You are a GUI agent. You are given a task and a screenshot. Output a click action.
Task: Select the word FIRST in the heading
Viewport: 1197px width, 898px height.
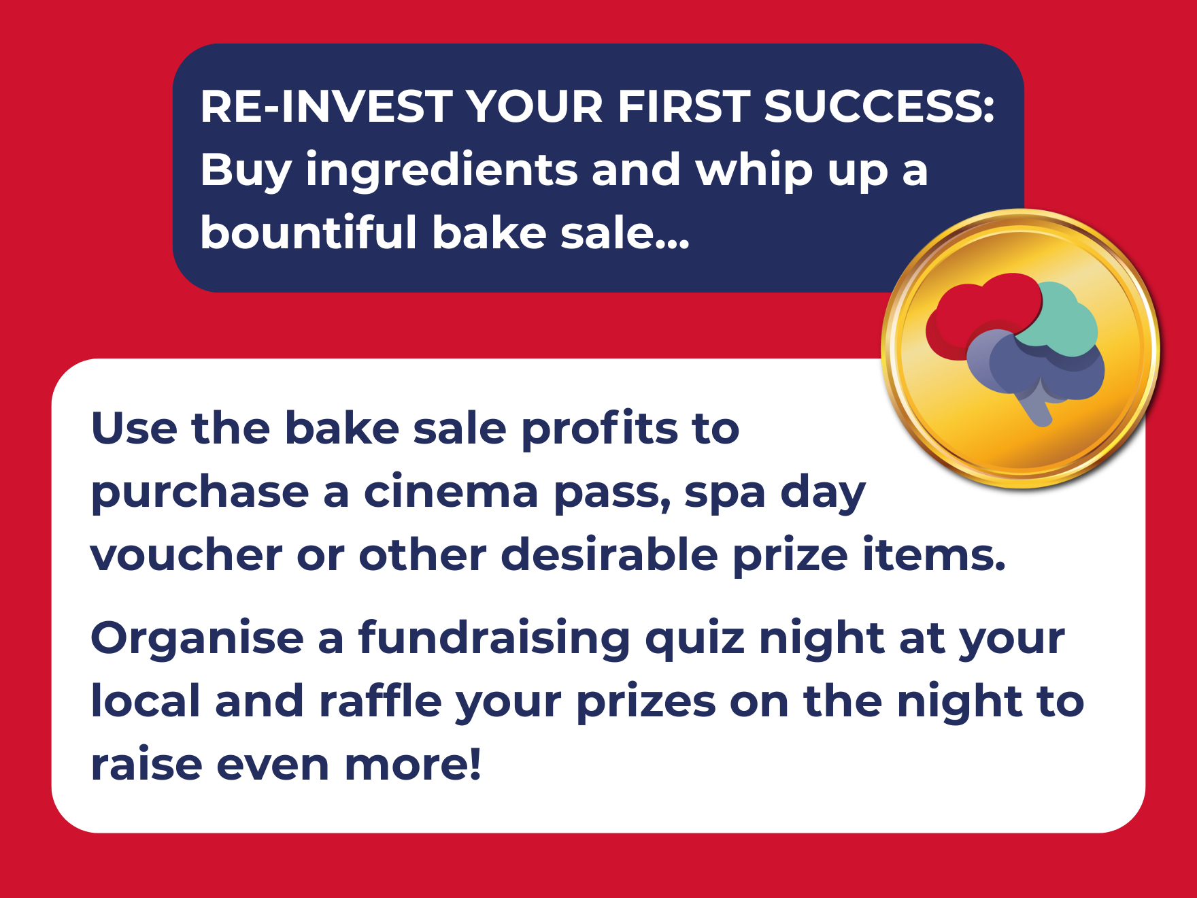click(x=683, y=107)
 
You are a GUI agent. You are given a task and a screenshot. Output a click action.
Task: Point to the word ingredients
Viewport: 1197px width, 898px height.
click(x=441, y=171)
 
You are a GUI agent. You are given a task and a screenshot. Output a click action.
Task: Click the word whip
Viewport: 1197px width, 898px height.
click(x=754, y=171)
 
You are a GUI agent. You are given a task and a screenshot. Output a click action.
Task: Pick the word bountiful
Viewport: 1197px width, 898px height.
click(x=308, y=232)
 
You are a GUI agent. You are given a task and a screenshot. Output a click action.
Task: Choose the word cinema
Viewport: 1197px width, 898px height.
click(x=451, y=492)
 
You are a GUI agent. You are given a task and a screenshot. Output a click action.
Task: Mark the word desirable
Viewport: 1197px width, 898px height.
click(x=609, y=554)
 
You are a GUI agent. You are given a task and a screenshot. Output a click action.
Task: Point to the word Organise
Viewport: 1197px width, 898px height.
click(x=197, y=639)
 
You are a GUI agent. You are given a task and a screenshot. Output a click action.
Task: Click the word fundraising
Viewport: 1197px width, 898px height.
click(x=494, y=640)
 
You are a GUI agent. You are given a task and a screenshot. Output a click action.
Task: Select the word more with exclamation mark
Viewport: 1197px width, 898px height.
click(x=413, y=765)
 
